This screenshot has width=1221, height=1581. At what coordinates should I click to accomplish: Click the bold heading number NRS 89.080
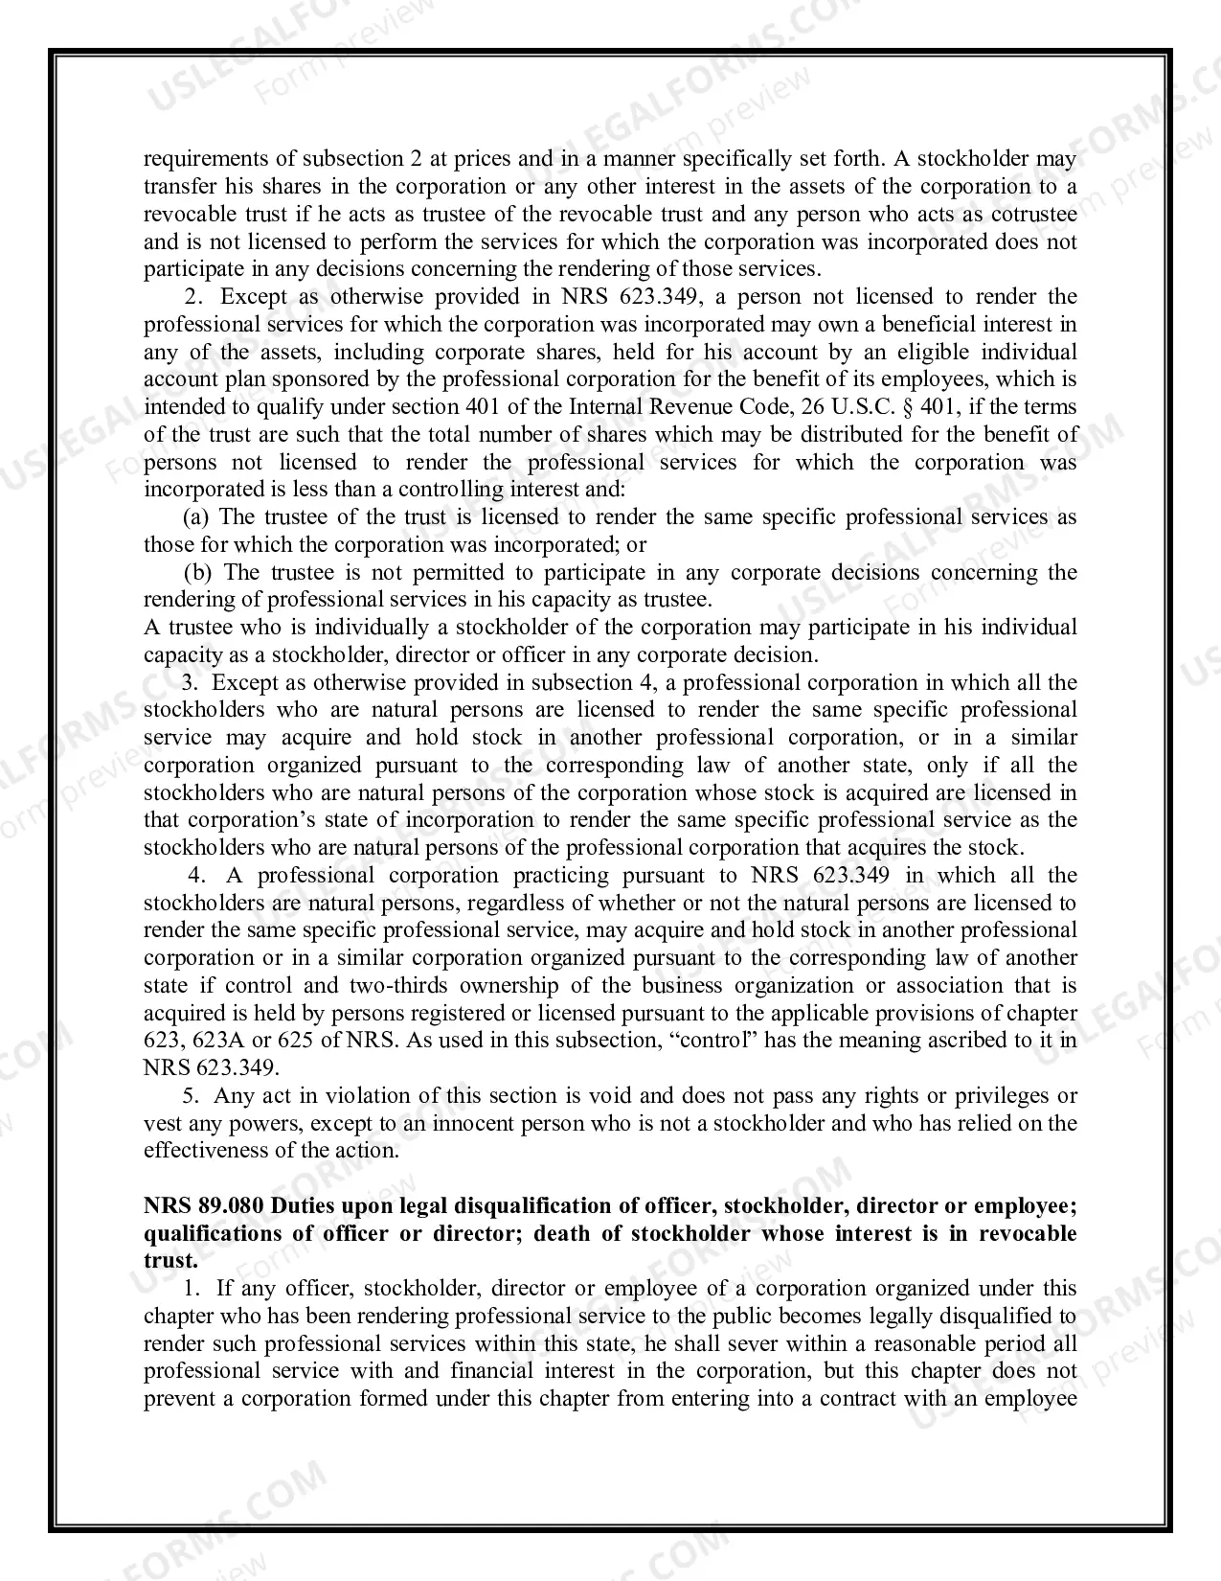[x=203, y=1205]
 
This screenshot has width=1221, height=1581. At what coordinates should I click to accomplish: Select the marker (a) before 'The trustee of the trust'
[x=196, y=516]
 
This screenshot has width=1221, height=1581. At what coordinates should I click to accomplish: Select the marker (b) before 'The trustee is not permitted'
[x=197, y=572]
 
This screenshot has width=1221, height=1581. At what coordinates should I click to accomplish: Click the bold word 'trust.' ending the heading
[x=170, y=1261]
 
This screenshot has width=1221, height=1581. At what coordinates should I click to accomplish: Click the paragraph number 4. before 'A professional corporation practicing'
[x=197, y=875]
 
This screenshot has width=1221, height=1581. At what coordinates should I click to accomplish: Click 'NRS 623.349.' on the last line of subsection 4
[x=212, y=1067]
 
